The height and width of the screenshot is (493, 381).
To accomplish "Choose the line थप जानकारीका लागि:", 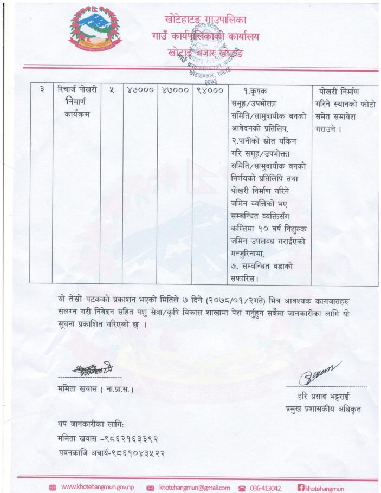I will (x=91, y=423).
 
